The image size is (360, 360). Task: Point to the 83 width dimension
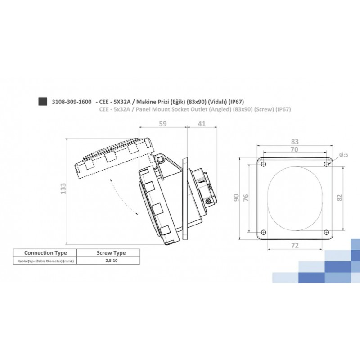(x=295, y=141)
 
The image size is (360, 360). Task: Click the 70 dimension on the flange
(x=295, y=150)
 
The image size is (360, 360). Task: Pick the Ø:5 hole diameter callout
(x=344, y=154)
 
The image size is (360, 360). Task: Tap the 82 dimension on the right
(x=340, y=197)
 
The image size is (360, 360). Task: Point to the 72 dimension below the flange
(x=295, y=245)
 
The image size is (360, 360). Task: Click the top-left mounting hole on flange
(x=264, y=164)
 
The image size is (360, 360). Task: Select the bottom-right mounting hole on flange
(x=326, y=232)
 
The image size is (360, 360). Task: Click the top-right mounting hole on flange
(x=326, y=164)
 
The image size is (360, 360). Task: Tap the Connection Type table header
(x=45, y=253)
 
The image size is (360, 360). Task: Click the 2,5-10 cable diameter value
(x=108, y=261)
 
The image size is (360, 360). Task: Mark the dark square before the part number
(x=42, y=101)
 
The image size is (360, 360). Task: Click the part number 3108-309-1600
(x=72, y=101)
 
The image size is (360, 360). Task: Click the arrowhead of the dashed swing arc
(x=135, y=211)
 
